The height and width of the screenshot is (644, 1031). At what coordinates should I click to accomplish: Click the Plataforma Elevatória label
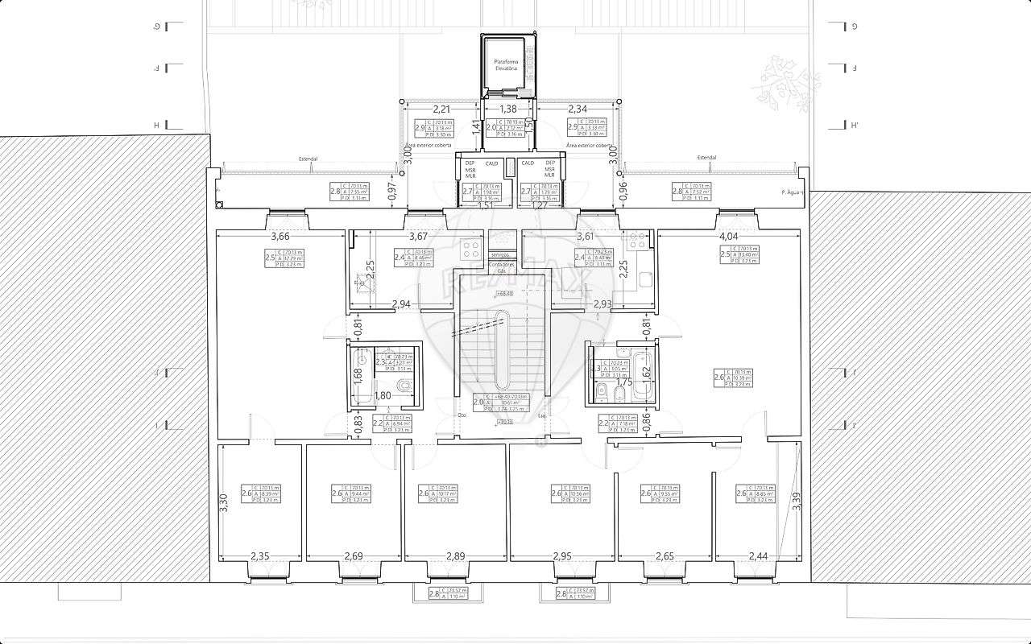click(509, 65)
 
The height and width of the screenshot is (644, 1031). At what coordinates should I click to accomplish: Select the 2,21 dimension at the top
click(441, 109)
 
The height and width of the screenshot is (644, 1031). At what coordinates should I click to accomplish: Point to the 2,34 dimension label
click(578, 109)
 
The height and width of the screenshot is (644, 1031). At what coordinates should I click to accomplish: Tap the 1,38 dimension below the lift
click(508, 109)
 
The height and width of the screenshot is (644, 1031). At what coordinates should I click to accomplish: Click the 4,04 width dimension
click(727, 237)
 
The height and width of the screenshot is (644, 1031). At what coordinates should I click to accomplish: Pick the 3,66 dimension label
click(280, 237)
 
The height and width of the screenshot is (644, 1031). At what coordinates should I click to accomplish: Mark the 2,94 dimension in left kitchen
click(400, 303)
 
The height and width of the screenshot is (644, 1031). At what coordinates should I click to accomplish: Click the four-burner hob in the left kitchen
click(470, 248)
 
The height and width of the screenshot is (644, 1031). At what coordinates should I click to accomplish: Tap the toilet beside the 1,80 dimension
click(407, 387)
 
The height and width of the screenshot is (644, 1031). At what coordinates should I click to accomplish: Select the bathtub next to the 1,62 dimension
click(641, 376)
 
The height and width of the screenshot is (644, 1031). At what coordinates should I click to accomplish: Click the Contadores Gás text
click(501, 268)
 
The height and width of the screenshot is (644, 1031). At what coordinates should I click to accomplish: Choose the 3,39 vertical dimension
click(797, 501)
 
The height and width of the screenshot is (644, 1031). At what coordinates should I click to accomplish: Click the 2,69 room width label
click(354, 556)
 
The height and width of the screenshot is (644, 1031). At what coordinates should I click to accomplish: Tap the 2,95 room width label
click(562, 556)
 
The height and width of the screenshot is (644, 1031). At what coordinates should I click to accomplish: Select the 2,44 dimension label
click(759, 556)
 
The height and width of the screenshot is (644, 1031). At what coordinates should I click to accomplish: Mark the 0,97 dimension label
click(392, 190)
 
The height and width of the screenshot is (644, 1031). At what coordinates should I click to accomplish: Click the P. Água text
click(793, 192)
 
